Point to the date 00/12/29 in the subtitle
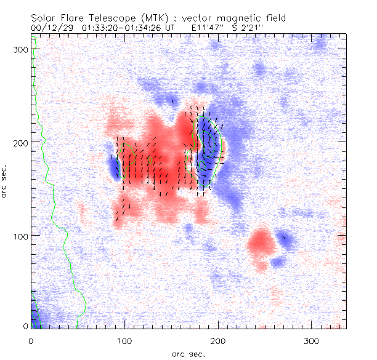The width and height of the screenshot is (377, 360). point(51,27)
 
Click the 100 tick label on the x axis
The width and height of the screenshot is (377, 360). point(124,340)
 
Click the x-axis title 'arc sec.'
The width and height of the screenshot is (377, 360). point(188,353)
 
